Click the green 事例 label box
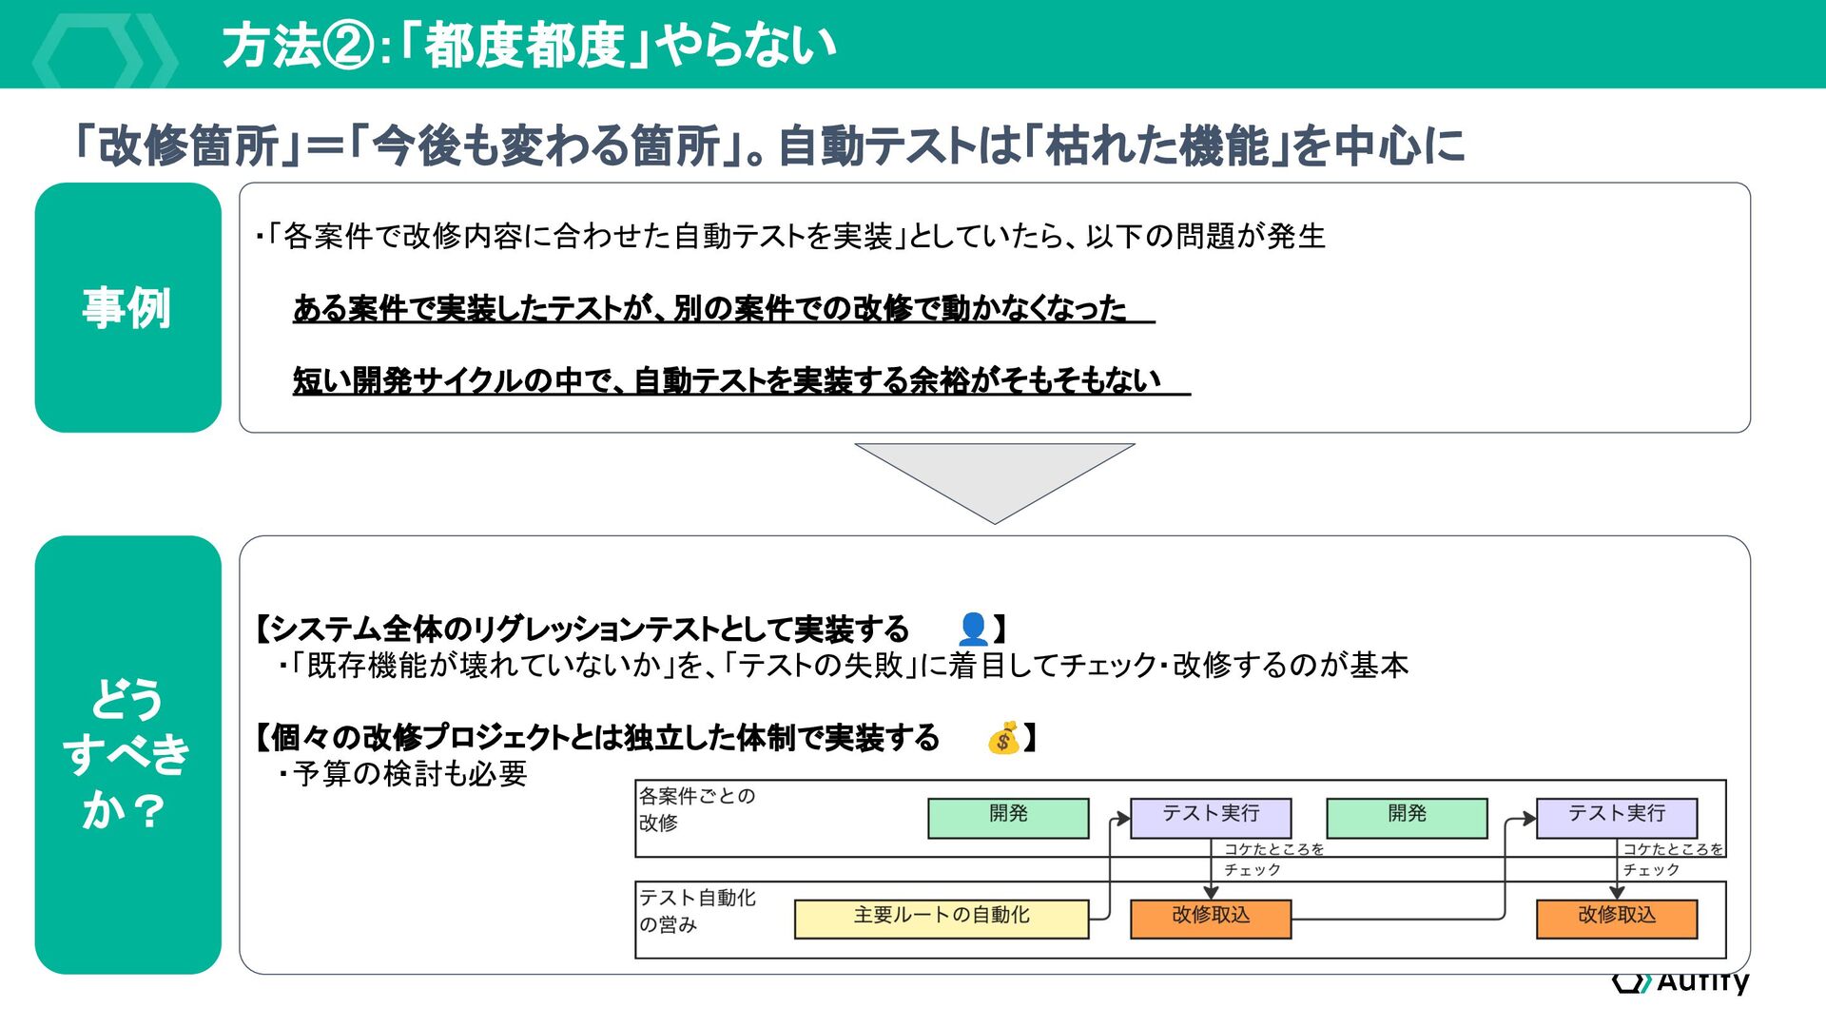pos(127,307)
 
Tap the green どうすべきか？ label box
pos(127,754)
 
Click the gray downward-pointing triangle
pos(995,475)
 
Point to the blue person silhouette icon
pos(973,629)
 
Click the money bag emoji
pos(1003,738)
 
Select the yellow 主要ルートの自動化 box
pos(941,918)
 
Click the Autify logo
pos(1680,980)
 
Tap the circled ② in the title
pos(351,46)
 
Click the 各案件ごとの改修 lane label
pos(696,809)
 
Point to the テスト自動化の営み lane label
pos(696,911)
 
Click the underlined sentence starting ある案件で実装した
pos(709,308)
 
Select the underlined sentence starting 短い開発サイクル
pos(728,380)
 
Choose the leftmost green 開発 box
pos(1008,817)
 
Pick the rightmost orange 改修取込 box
pos(1616,918)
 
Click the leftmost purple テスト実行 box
pos(1210,817)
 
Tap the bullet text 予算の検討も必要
pos(409,774)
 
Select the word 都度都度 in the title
pos(524,46)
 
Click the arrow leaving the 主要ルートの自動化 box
pos(1110,875)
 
